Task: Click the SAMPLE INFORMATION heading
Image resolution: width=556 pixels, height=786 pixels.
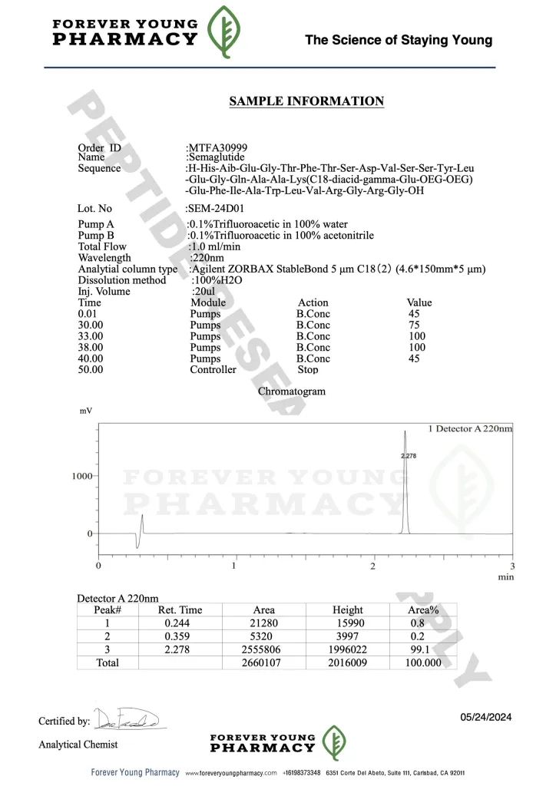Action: tap(306, 101)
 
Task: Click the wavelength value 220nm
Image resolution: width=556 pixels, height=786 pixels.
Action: tap(207, 258)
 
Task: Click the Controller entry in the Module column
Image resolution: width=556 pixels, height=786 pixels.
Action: tap(213, 370)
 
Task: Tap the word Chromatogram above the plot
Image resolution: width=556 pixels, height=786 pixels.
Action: tap(292, 391)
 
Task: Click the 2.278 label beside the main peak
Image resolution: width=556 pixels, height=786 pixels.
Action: tap(409, 456)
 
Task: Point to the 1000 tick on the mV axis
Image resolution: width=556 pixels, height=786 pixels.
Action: tap(82, 476)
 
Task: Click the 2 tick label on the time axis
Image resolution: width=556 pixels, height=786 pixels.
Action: tap(372, 566)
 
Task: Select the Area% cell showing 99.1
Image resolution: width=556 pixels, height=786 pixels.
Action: tap(419, 649)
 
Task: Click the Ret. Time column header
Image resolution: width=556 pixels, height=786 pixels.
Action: tap(180, 610)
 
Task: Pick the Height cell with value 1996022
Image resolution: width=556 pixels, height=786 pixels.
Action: tap(347, 649)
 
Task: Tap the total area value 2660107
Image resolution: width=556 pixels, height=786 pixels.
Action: tap(263, 662)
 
